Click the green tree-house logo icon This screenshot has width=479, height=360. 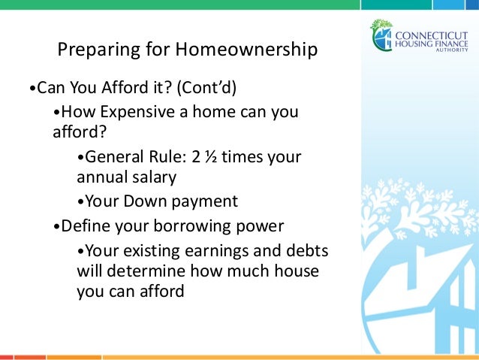(x=381, y=35)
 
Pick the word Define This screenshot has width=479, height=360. (x=85, y=225)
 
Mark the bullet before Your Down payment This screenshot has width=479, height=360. (x=80, y=202)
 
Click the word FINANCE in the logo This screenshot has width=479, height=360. (x=457, y=43)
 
